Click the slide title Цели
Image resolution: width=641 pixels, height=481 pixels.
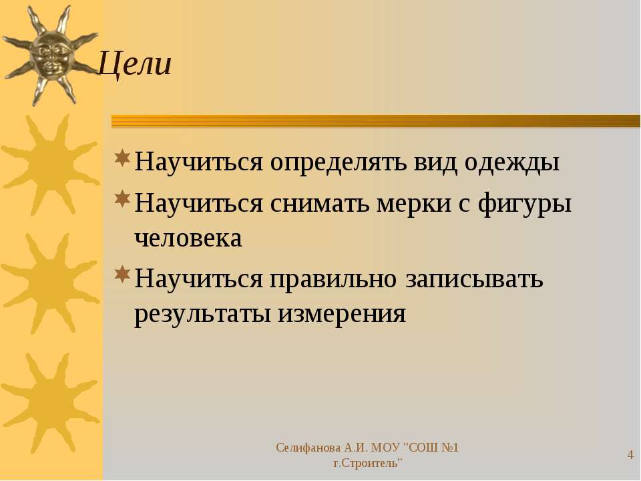click(x=135, y=64)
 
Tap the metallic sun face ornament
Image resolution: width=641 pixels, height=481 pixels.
click(x=51, y=55)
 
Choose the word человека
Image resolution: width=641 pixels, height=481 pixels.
click(x=188, y=238)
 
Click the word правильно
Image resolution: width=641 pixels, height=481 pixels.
click(x=333, y=280)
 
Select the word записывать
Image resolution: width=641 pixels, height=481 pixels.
click(x=474, y=279)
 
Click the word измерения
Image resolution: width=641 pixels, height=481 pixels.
click(x=342, y=315)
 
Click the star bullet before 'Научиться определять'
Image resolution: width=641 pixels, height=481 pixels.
click(x=122, y=158)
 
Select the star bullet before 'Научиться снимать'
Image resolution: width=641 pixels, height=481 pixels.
click(x=122, y=198)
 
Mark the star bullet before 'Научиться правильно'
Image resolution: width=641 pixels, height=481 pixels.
click(x=122, y=275)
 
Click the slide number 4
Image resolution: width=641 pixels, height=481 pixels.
click(x=630, y=455)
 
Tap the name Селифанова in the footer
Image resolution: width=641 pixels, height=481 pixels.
click(x=308, y=448)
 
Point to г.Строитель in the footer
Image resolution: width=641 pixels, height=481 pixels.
click(x=367, y=464)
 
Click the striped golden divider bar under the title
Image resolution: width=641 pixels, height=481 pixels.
click(x=376, y=122)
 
